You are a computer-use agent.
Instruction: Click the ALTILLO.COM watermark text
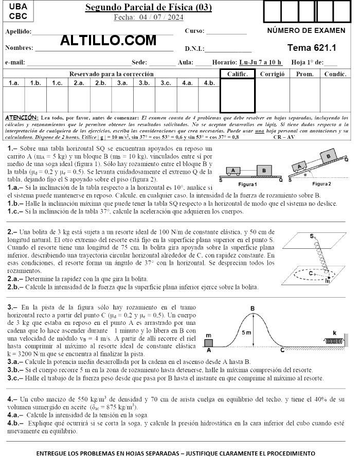click(x=108, y=40)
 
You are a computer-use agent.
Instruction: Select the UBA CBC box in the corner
click(x=19, y=11)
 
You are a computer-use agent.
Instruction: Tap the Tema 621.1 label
click(x=312, y=48)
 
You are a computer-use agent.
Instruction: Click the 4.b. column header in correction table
click(x=209, y=82)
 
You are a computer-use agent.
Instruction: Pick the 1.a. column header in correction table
click(x=14, y=82)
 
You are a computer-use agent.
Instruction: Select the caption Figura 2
click(x=321, y=184)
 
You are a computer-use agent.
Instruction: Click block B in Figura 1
click(x=264, y=170)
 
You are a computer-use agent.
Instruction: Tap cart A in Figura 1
click(x=233, y=170)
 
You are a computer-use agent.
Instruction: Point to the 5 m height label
click(x=246, y=333)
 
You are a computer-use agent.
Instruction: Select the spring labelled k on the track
click(x=332, y=340)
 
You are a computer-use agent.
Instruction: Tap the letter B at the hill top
click(x=253, y=308)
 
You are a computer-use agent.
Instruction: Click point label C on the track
click(x=282, y=351)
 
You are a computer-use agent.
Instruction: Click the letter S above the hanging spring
click(x=312, y=236)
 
